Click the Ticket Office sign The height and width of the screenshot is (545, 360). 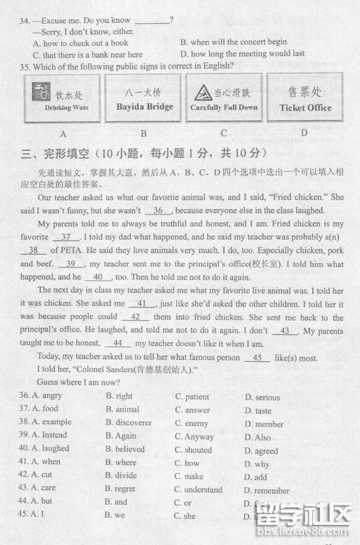click(x=305, y=99)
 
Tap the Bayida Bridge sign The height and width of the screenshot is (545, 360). click(x=143, y=99)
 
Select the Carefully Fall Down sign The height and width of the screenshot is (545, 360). click(x=224, y=99)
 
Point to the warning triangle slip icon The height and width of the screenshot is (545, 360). click(x=203, y=93)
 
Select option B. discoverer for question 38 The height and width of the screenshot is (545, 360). click(x=128, y=423)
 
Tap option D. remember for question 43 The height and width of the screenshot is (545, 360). click(x=267, y=491)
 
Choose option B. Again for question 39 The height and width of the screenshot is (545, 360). click(x=121, y=436)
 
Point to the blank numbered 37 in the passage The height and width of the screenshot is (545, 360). click(x=66, y=237)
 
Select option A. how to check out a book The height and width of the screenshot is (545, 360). click(x=80, y=43)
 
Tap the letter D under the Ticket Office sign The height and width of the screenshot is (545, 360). click(x=305, y=133)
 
